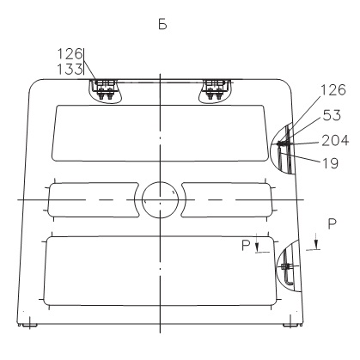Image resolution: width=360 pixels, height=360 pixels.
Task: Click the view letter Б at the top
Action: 162,25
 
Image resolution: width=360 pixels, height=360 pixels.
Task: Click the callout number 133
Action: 70,69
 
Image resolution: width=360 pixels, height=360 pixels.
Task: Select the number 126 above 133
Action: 70,53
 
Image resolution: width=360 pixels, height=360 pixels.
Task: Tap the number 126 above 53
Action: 333,90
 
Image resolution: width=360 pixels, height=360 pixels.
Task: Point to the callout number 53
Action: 332,115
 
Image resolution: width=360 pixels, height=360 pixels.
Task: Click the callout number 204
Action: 335,140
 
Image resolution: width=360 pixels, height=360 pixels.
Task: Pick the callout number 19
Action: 331,163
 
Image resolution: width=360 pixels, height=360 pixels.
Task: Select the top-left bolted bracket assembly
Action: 105,91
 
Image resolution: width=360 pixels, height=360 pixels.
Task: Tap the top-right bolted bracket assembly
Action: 215,90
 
